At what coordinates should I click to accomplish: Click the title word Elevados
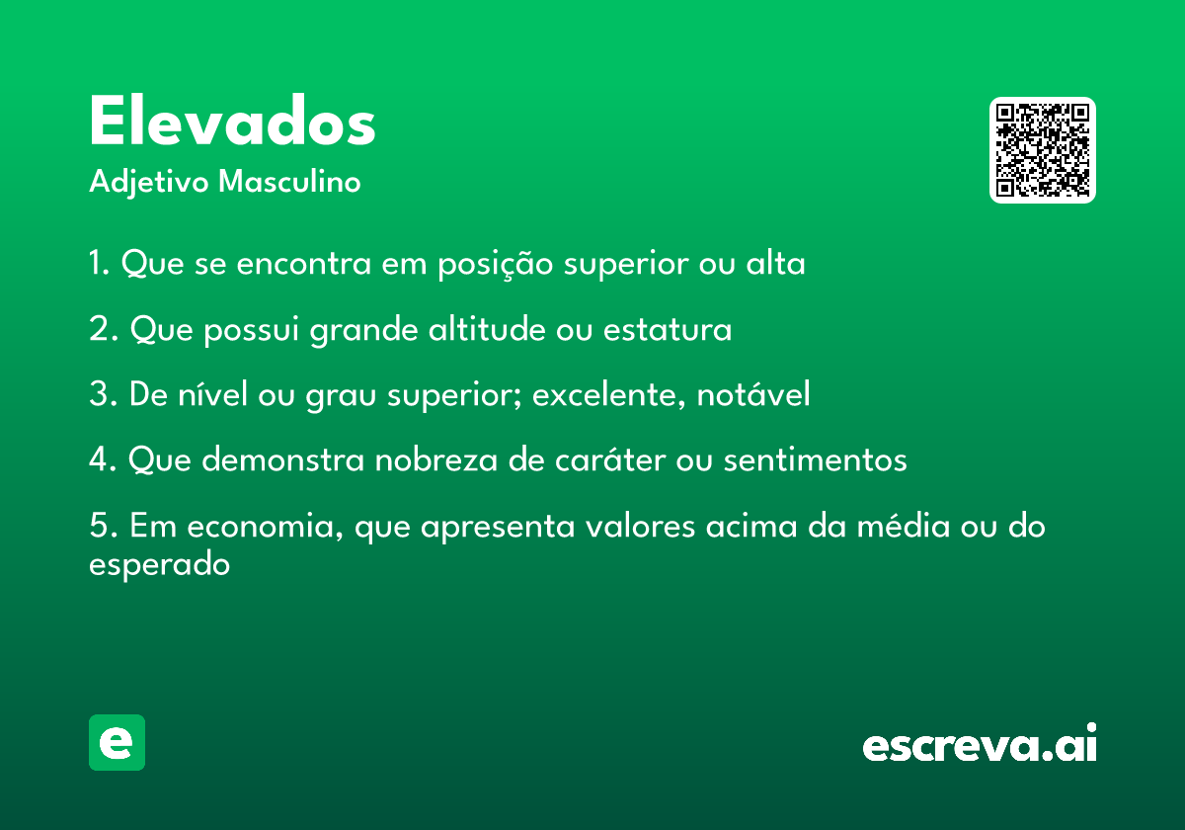[232, 121]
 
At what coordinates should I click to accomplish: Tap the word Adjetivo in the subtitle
[149, 183]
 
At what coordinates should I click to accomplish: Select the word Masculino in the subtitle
[289, 181]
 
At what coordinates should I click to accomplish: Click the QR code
[1042, 150]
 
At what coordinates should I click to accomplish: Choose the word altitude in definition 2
[487, 328]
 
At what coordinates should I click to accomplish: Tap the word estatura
[668, 329]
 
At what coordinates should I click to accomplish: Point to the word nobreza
[436, 458]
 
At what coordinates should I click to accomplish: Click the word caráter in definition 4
[610, 458]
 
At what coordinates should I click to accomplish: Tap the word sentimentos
[816, 458]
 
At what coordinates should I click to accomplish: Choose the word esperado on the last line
[159, 565]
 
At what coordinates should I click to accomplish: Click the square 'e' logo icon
[117, 742]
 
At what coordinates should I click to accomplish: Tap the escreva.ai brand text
[980, 742]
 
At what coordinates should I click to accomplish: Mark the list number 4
[99, 458]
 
